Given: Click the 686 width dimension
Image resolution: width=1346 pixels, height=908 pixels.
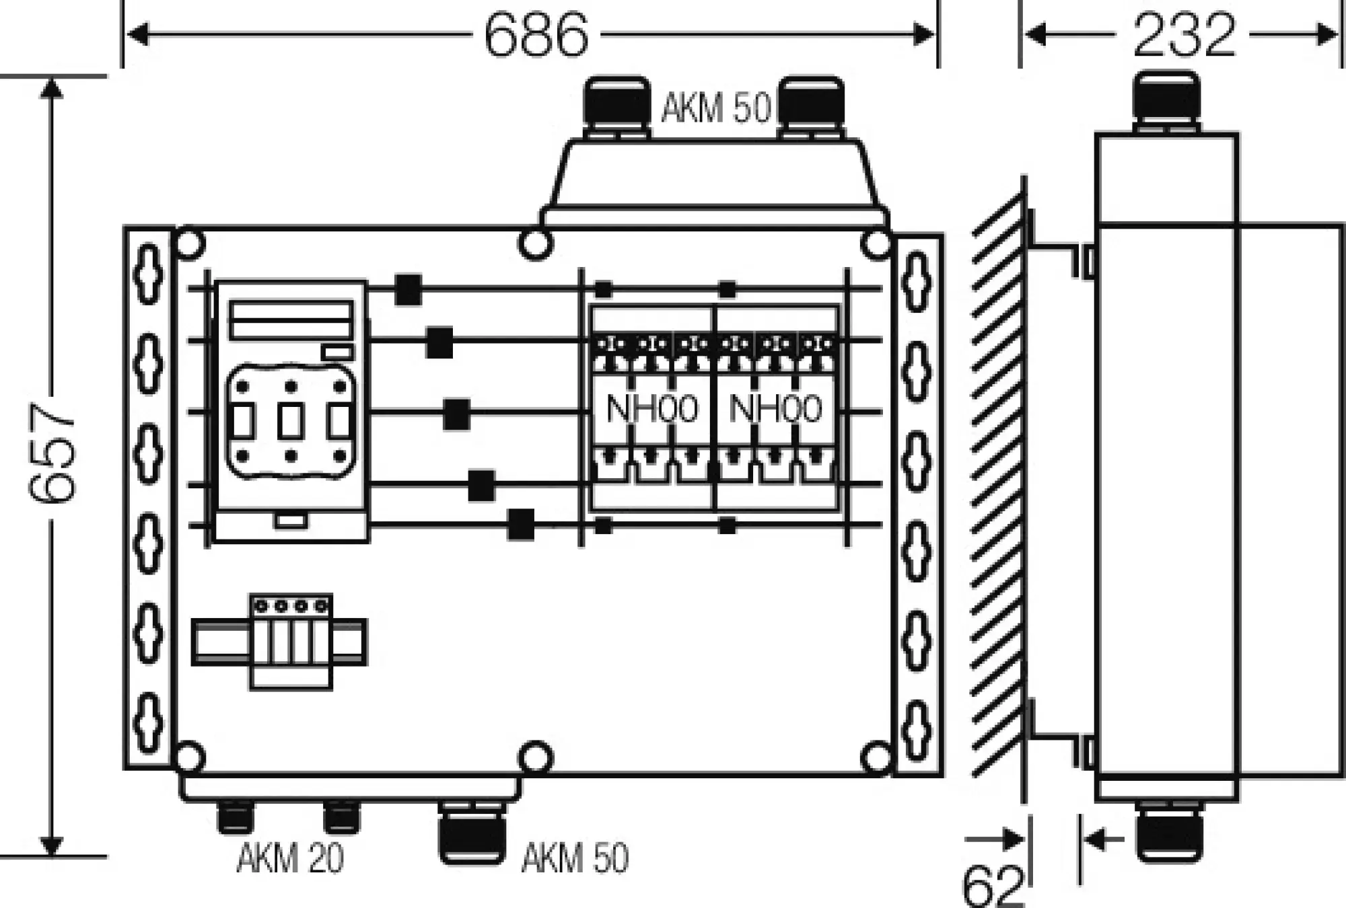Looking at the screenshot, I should [x=536, y=34].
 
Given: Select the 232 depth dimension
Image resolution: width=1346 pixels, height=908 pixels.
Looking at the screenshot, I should [x=1184, y=34].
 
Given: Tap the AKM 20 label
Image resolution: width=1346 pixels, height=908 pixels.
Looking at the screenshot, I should [x=290, y=858].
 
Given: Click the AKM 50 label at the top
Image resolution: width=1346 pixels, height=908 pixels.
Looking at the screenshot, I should [x=715, y=108].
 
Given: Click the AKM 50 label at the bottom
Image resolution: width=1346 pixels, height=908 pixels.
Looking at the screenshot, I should [x=575, y=858].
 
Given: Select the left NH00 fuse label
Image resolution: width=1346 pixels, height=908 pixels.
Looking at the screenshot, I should [x=651, y=409].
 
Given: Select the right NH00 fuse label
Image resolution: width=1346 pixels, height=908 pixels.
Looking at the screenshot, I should [x=775, y=409].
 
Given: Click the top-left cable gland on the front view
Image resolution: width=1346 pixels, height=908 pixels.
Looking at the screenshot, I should [x=616, y=108].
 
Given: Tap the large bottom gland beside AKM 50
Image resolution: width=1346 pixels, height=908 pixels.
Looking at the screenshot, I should [x=471, y=834].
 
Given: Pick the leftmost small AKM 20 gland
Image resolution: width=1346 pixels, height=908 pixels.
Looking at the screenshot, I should [x=234, y=817].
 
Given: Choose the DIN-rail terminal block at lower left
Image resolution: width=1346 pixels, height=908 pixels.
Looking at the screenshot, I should [x=291, y=641].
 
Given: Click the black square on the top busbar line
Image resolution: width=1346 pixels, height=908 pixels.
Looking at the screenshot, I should [x=408, y=290].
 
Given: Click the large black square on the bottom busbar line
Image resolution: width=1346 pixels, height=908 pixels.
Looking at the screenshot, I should [x=520, y=525].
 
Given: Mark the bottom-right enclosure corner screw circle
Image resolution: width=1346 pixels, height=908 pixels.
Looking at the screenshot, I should [x=876, y=758].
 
